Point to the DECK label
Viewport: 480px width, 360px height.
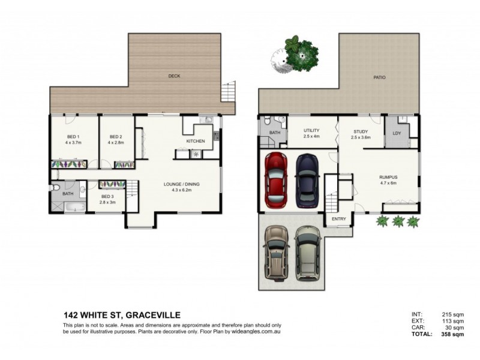point(174,76)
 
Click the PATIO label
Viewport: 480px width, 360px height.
point(379,77)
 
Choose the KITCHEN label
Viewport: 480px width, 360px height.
point(196,141)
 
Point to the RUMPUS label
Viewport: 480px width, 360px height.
point(388,177)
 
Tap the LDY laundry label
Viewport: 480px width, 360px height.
point(397,133)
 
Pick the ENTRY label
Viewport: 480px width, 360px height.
point(339,219)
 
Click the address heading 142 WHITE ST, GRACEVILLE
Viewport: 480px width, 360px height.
point(122,314)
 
